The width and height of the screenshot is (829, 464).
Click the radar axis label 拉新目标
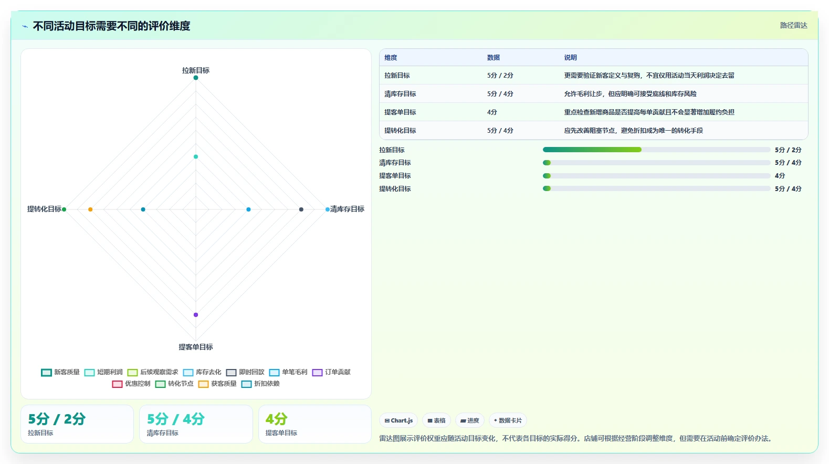pos(195,70)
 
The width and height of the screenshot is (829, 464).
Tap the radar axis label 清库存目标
pos(347,209)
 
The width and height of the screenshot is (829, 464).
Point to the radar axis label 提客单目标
pos(195,347)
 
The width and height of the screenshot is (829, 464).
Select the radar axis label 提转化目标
pos(45,209)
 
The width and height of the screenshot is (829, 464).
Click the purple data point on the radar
pos(196,315)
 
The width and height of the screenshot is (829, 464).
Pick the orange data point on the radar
pos(90,209)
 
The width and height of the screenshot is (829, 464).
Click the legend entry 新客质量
pos(60,372)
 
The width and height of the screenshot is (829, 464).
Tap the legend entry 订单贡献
pos(331,372)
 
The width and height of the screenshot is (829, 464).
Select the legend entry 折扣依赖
pos(260,384)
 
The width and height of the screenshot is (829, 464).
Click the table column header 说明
pos(570,57)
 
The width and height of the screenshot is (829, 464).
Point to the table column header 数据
pos(494,57)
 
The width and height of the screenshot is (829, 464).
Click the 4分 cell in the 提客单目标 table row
pos(492,112)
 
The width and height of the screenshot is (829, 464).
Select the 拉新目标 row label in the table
pos(397,76)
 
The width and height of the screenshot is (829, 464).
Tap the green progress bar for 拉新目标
pos(592,150)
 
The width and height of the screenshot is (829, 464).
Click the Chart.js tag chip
pos(398,420)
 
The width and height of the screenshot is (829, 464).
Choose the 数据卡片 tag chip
pos(508,420)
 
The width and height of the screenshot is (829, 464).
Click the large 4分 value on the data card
pos(277,419)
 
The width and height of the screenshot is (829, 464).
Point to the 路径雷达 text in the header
pos(793,26)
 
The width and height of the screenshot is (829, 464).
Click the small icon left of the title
pos(25,26)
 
